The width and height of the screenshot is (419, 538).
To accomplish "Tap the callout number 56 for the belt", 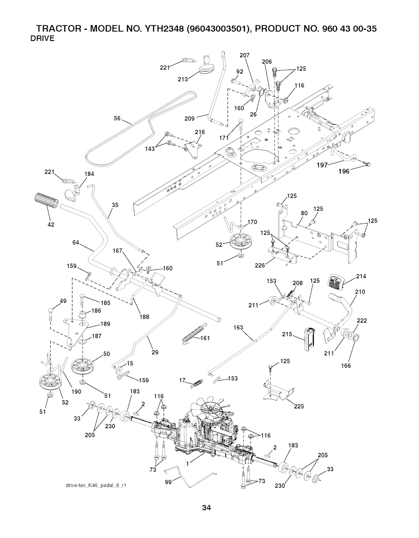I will coord(117,119).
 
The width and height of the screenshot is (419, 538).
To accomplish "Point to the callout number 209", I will coord(189,119).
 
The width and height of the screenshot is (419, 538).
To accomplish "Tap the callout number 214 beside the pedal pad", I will coord(361,277).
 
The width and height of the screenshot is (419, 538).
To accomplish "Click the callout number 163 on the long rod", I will coord(238,327).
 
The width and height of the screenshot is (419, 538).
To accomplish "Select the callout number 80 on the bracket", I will coord(304,213).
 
